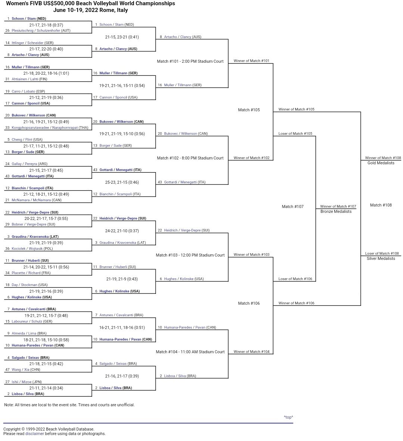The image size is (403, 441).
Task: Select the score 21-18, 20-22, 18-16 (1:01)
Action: pos(46,73)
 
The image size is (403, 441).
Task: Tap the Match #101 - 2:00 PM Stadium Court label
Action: pos(190,61)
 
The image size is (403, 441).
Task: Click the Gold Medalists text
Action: pos(381,163)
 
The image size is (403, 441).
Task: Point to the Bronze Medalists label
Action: pos(336,211)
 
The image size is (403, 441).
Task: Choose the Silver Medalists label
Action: pos(381,258)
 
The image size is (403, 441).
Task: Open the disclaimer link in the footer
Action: pos(35,434)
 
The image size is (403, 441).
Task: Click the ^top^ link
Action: pos(288,417)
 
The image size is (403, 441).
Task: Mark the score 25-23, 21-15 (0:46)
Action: pos(122,182)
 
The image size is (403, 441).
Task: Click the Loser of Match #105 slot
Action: pos(295,134)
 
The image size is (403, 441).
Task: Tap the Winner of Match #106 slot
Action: pos(296,303)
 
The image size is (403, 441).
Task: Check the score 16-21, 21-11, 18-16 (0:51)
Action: pos(122,327)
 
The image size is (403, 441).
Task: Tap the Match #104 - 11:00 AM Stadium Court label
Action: pos(190,352)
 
